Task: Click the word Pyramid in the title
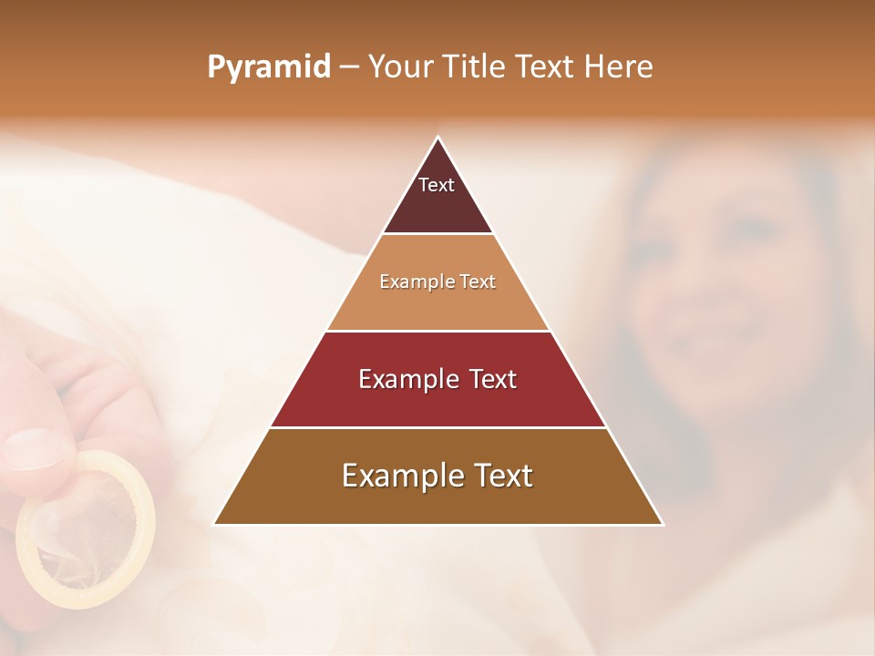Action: pos(269,67)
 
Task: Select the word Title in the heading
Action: pos(476,67)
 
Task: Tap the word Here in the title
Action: pos(619,67)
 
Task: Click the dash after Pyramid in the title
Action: pos(349,67)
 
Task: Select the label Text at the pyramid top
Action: pos(437,185)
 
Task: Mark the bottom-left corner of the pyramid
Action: pos(214,525)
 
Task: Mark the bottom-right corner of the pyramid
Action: pos(663,525)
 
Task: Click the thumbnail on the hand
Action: pos(36,448)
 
